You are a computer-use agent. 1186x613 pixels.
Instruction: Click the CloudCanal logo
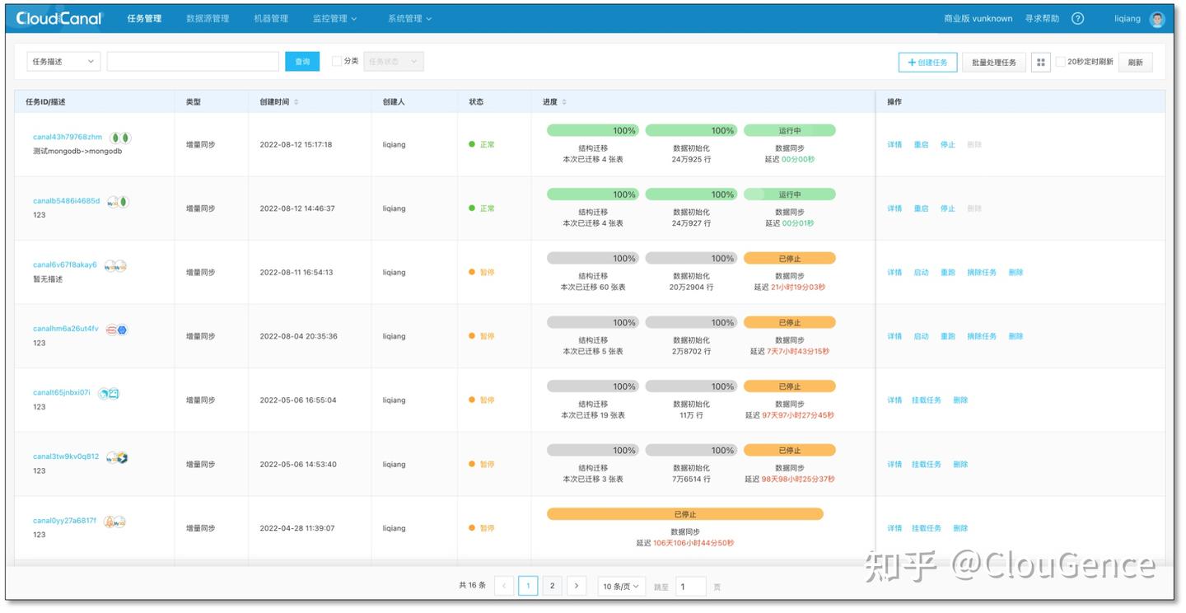pos(59,18)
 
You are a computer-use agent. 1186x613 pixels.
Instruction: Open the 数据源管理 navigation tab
pos(208,18)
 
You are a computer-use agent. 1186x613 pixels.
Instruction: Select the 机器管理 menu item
pos(271,18)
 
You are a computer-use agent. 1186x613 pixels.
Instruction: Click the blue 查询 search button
pos(302,62)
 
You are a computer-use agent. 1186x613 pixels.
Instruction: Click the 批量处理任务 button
pos(993,63)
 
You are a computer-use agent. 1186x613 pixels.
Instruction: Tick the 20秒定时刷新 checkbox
pos(1061,62)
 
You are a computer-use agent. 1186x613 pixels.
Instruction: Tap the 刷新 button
pos(1135,63)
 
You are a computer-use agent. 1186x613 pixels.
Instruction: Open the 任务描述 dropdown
pos(63,62)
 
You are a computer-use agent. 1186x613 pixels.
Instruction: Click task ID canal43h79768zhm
pos(68,137)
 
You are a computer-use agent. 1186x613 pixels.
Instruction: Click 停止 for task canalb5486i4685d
pos(948,208)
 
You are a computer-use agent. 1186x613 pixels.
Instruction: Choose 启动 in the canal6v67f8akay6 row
pos(921,273)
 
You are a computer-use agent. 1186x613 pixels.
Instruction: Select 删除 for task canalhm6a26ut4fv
pos(1016,336)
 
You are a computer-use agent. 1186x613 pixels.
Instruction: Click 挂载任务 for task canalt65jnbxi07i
pos(927,400)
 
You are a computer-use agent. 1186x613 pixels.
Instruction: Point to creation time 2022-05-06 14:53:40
pos(298,465)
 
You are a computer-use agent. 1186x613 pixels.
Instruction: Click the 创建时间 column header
pos(274,102)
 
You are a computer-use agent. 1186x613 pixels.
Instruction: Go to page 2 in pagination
pos(553,586)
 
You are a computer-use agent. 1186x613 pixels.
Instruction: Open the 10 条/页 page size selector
pos(620,586)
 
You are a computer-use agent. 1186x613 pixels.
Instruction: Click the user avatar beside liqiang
pos(1157,19)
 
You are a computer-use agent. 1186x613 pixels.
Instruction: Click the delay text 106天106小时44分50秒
pos(693,543)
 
